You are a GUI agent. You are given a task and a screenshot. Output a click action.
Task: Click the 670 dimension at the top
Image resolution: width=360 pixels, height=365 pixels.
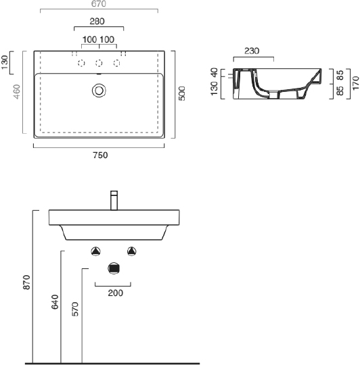click(x=98, y=4)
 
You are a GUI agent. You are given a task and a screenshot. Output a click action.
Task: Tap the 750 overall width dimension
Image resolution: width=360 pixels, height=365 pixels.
click(x=99, y=154)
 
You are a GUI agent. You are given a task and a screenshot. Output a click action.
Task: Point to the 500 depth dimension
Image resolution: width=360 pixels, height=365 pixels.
click(x=181, y=93)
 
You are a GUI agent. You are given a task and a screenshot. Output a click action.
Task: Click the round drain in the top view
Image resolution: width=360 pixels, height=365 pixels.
click(x=99, y=89)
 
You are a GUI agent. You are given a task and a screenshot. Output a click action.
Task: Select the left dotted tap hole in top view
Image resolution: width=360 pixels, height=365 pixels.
click(x=81, y=64)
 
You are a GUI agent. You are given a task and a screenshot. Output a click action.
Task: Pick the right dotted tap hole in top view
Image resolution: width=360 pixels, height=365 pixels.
click(x=117, y=64)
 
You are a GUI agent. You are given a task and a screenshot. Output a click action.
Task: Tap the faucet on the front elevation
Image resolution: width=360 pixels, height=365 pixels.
click(x=114, y=201)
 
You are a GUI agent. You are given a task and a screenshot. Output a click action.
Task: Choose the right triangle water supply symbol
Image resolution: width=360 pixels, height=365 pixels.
click(x=132, y=251)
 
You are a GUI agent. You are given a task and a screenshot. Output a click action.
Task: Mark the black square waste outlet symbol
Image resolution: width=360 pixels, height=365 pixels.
click(x=114, y=269)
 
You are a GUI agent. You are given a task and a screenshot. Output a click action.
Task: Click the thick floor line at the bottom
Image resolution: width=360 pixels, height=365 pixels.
click(x=112, y=362)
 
